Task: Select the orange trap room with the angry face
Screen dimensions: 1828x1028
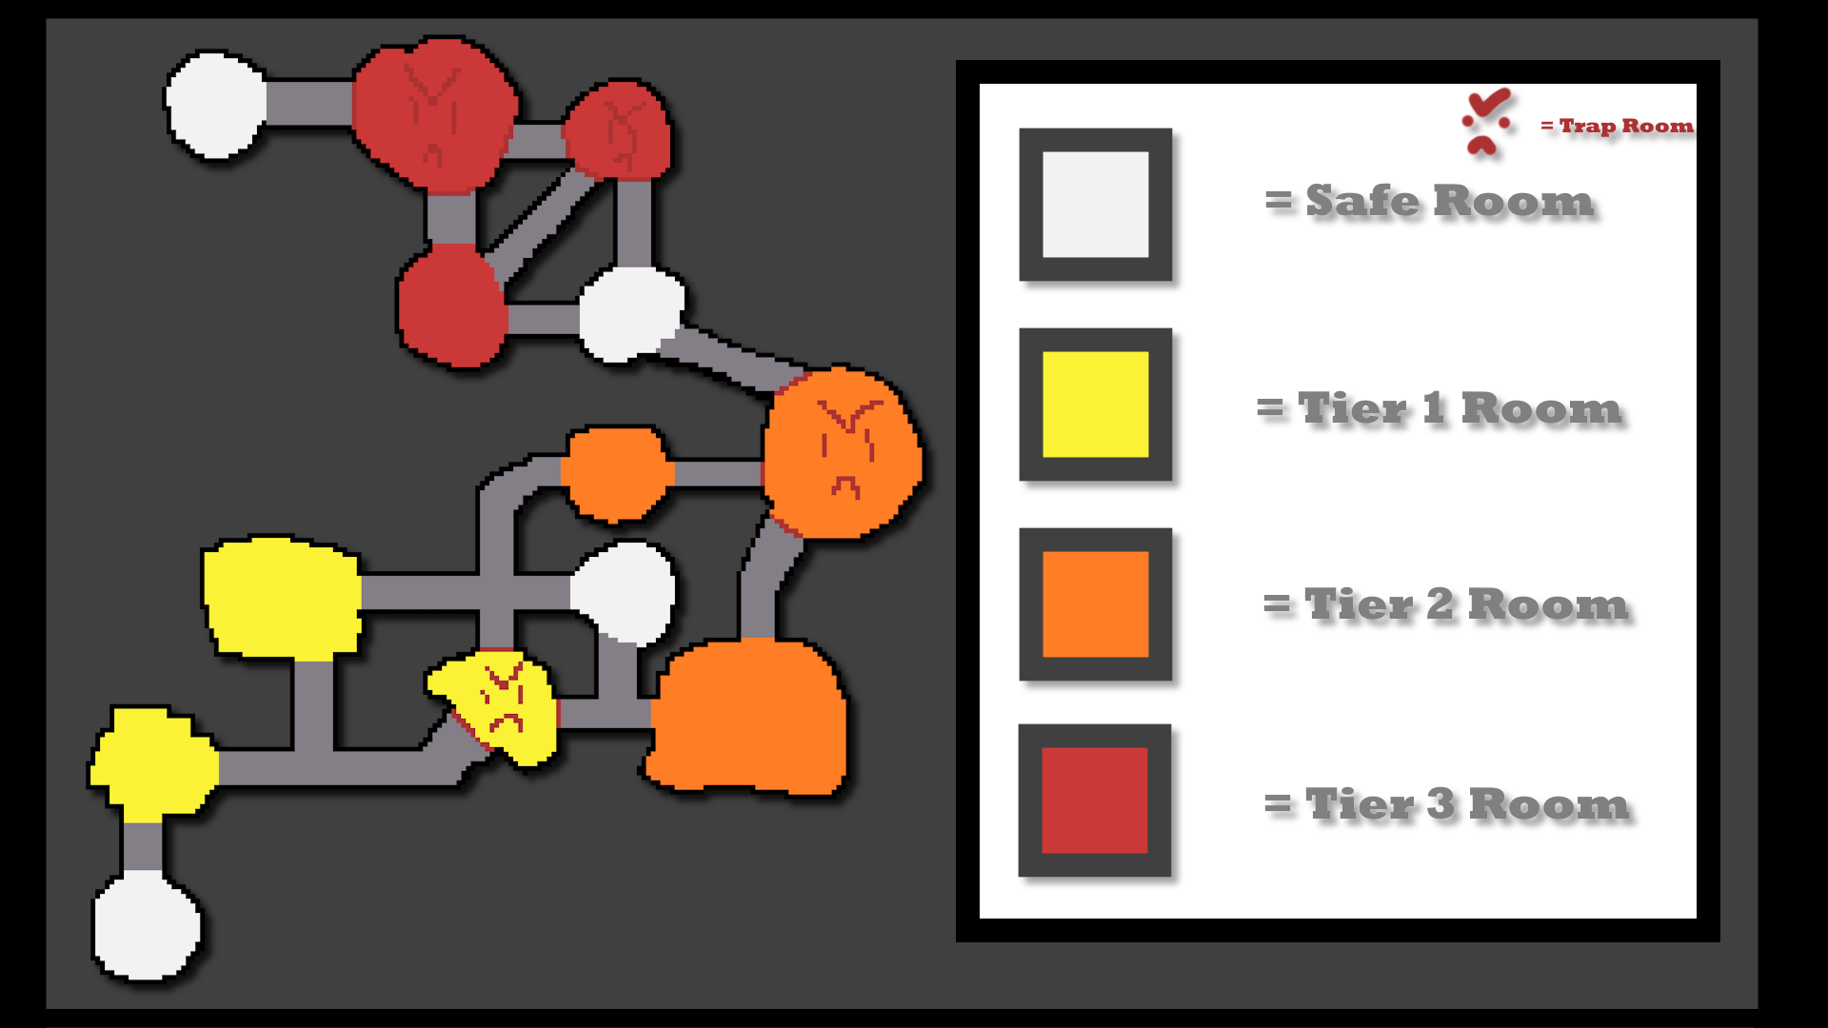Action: (x=842, y=452)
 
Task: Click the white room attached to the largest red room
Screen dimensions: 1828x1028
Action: (x=216, y=104)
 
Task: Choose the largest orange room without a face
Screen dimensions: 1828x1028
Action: (x=748, y=716)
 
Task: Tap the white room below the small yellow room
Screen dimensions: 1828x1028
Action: (x=147, y=926)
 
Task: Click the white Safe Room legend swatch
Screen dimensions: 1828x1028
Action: (x=1095, y=205)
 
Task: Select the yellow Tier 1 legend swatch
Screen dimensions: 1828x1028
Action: (x=1095, y=405)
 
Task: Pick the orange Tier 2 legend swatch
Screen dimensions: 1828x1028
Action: (x=1095, y=604)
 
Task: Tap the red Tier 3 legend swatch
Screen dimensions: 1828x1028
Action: (x=1095, y=801)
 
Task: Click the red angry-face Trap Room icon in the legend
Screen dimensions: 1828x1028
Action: (x=1486, y=122)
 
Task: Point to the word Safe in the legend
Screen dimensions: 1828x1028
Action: (x=1361, y=202)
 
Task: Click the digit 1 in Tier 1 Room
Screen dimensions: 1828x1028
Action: (x=1433, y=409)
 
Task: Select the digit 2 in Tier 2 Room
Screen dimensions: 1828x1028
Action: (x=1440, y=605)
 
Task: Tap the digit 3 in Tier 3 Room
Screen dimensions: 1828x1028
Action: (x=1441, y=805)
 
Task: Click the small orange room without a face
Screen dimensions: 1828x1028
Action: (x=617, y=473)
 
